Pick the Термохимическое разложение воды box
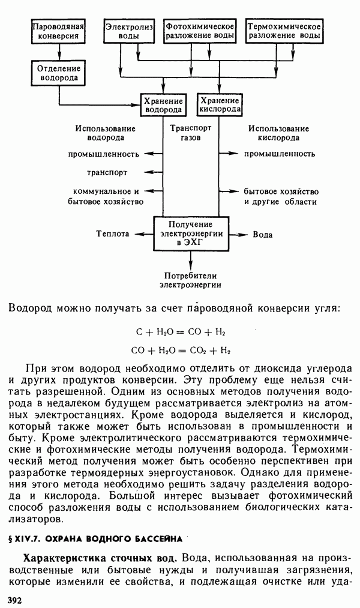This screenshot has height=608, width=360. click(284, 31)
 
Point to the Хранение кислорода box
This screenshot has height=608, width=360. click(220, 105)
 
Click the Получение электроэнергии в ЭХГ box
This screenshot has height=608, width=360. click(191, 233)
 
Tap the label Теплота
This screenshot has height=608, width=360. click(113, 234)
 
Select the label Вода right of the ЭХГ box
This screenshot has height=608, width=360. click(263, 234)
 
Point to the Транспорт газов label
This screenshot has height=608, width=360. click(191, 133)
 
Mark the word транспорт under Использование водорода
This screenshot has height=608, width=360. click(107, 173)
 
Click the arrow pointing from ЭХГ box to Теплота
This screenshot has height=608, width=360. click(143, 234)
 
